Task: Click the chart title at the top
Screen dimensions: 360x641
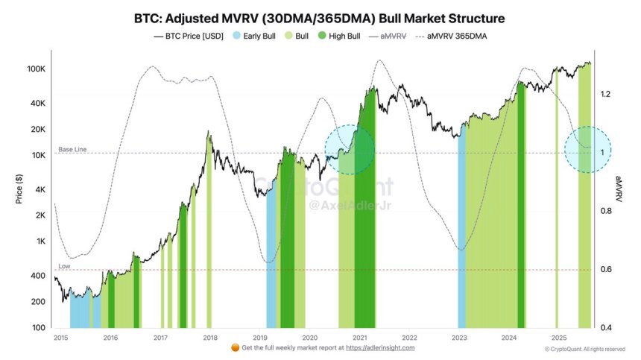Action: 320,18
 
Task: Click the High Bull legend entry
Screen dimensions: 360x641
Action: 354,36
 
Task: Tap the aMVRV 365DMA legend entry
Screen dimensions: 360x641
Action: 455,36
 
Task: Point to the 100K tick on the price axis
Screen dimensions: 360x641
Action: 37,69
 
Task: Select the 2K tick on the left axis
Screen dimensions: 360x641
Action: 40,215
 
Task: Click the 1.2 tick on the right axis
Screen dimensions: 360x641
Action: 606,94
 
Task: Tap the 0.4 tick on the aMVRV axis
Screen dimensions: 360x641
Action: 606,328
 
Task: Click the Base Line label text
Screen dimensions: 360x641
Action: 72,150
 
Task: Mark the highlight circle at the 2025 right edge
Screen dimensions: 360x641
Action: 588,149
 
